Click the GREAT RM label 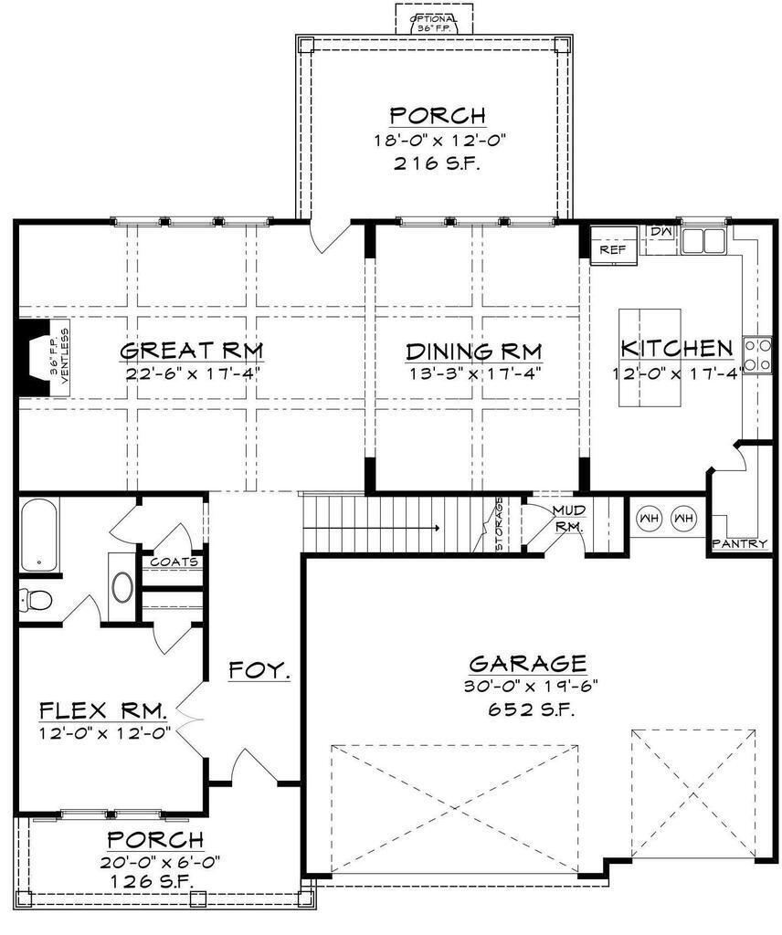[192, 351]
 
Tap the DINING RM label [473, 352]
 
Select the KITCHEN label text [676, 349]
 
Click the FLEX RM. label [102, 710]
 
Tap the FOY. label [259, 669]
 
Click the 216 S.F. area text [437, 164]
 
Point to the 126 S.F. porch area [153, 881]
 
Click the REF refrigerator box [611, 248]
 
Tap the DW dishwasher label [661, 234]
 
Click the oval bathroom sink [122, 586]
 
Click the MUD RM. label [568, 518]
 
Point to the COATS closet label [174, 562]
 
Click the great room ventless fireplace [37, 358]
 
